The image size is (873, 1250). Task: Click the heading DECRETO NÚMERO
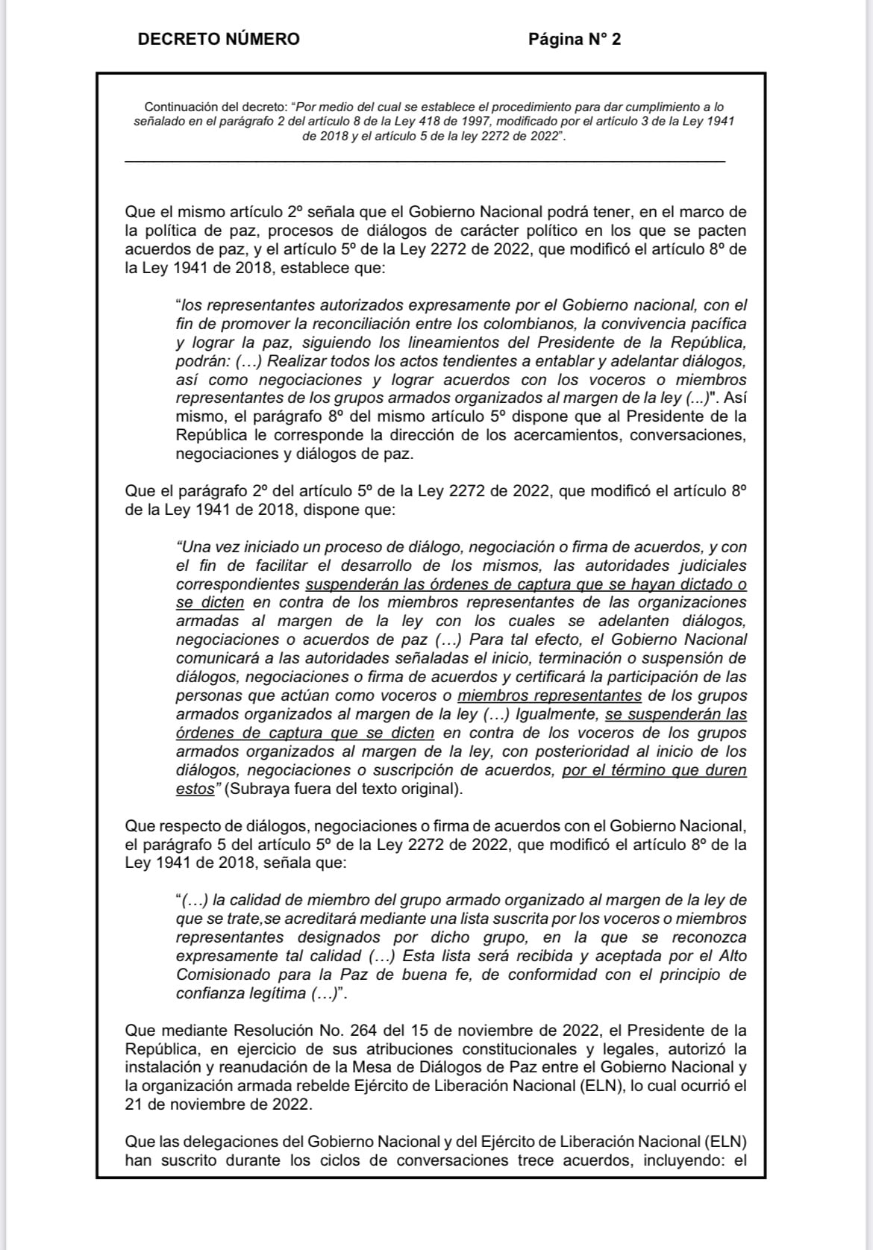pyautogui.click(x=218, y=40)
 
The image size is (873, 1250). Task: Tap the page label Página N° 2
pyautogui.click(x=574, y=40)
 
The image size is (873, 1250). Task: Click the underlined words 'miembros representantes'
pyautogui.click(x=549, y=696)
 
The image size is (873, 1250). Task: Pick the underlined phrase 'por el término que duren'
pyautogui.click(x=654, y=770)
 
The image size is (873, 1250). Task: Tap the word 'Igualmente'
pyautogui.click(x=557, y=714)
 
